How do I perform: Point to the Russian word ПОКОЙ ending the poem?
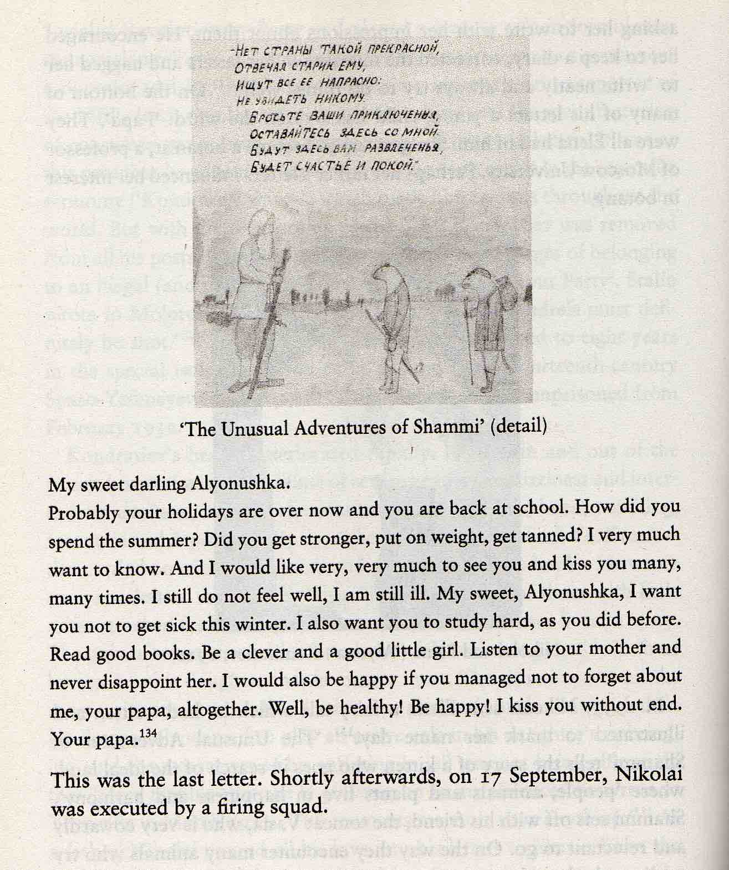(391, 165)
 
